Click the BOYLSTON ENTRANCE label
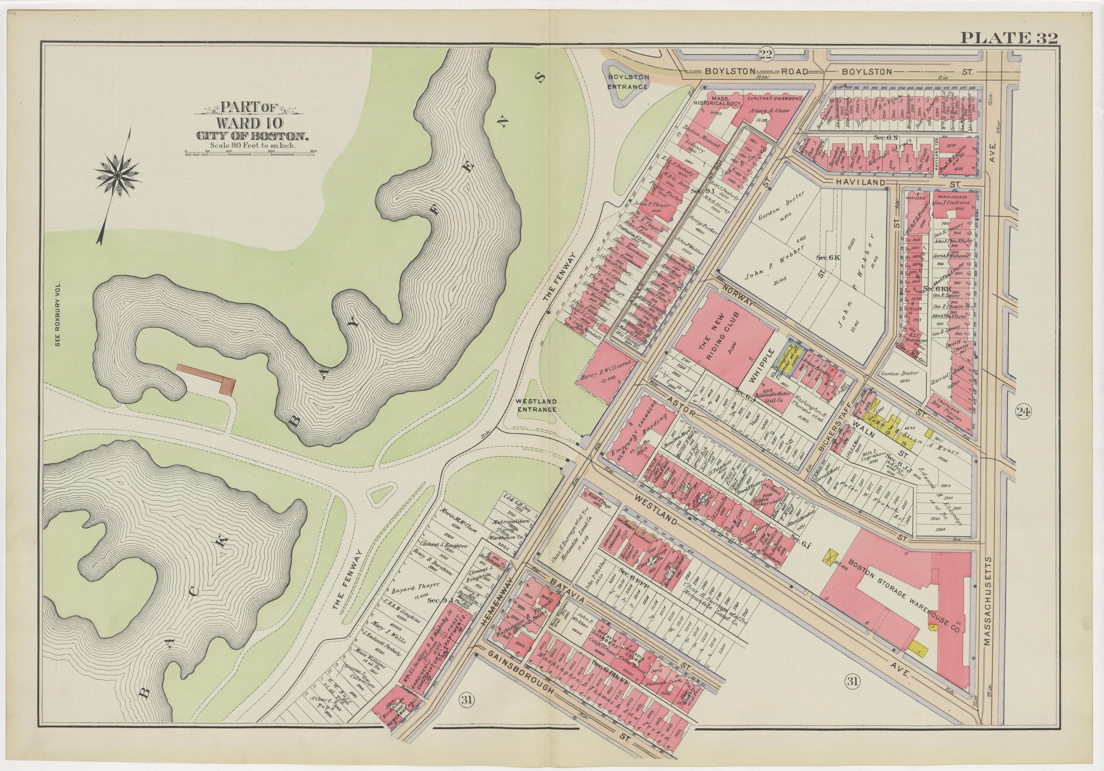pyautogui.click(x=628, y=81)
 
